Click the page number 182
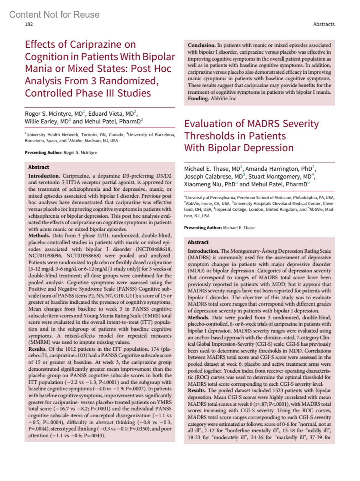(29, 24)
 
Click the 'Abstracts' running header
(324, 24)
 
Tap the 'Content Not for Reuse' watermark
(54, 14)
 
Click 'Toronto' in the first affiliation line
(89, 135)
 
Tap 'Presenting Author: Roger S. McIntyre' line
(61, 153)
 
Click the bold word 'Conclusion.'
(201, 45)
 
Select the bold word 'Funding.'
(198, 98)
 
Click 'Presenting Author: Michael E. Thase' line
(219, 228)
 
